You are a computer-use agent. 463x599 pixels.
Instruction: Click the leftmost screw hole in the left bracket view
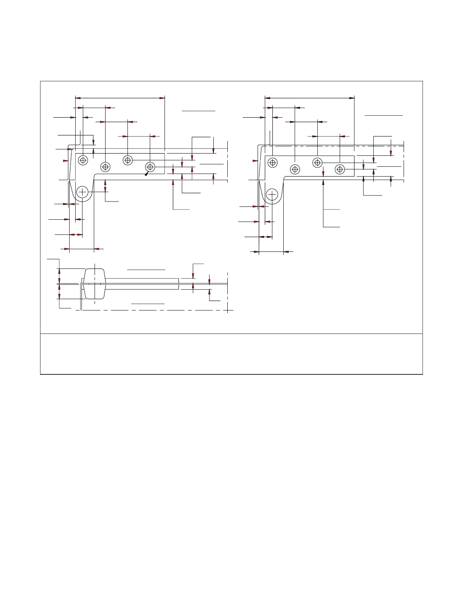click(83, 160)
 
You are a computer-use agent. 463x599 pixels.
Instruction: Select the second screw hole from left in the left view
click(105, 166)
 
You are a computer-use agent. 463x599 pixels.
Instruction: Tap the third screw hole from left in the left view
click(128, 160)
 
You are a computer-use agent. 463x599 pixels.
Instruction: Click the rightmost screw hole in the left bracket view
click(150, 166)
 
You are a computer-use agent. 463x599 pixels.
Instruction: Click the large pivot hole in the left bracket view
click(82, 192)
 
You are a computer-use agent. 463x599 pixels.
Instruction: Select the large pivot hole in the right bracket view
click(272, 194)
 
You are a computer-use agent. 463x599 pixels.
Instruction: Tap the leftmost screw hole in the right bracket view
click(273, 163)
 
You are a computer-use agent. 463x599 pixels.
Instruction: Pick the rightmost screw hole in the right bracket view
click(340, 169)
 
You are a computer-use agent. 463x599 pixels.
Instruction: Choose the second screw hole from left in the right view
click(295, 169)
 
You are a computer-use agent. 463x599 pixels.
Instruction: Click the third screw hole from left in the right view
click(317, 163)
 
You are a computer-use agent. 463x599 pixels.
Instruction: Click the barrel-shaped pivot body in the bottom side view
click(94, 284)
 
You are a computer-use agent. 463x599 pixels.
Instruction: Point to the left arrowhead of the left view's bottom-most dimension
click(67, 249)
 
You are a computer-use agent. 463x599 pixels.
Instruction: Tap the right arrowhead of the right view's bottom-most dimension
click(286, 251)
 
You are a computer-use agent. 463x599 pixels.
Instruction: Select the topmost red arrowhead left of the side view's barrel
click(59, 271)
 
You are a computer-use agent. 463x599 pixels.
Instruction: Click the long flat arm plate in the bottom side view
click(144, 284)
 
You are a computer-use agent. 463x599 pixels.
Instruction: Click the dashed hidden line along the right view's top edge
click(333, 146)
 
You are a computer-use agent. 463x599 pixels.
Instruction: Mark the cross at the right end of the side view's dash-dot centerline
click(227, 310)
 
